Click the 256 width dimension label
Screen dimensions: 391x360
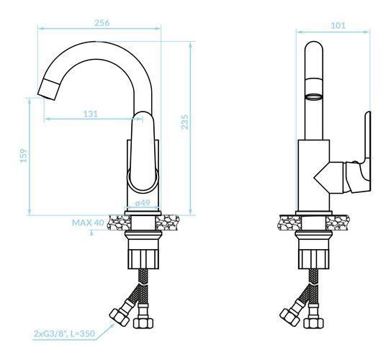102,23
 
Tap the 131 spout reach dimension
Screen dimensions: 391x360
90,114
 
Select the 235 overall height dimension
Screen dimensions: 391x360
185,122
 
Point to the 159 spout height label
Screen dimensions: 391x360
24,156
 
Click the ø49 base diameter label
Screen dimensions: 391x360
143,203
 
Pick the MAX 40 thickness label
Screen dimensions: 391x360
88,222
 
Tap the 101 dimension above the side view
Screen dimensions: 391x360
338,25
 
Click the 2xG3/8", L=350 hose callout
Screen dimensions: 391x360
64,333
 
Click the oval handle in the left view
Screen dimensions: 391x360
143,153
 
